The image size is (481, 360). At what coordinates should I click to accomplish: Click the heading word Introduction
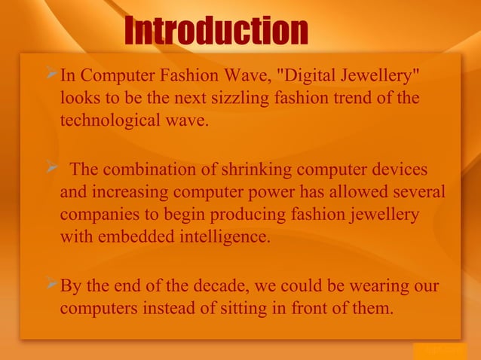pos(216,32)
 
